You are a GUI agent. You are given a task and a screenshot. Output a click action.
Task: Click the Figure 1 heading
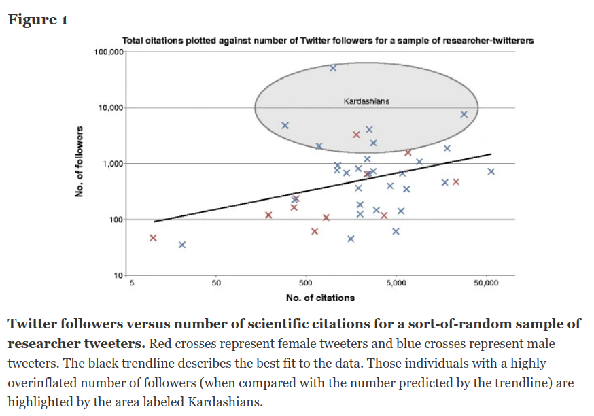(x=37, y=19)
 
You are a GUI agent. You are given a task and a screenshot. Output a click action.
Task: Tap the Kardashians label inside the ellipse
(x=366, y=101)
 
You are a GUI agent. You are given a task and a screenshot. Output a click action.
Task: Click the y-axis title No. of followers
(x=80, y=162)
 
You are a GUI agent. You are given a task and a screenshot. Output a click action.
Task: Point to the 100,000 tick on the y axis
(x=106, y=52)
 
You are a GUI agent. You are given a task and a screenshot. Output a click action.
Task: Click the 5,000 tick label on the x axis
(x=396, y=282)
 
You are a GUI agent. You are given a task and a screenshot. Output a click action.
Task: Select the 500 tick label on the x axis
(x=305, y=282)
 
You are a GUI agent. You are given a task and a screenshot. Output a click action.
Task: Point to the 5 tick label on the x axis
(x=132, y=282)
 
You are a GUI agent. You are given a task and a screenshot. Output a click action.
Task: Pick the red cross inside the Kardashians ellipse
(x=356, y=135)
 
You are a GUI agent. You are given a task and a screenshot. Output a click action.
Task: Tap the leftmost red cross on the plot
(x=153, y=238)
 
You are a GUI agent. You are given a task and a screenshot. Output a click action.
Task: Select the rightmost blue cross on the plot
(x=491, y=171)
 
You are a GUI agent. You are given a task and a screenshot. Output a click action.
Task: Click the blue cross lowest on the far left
(x=182, y=245)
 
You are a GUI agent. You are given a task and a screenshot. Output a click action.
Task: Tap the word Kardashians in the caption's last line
(x=222, y=402)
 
